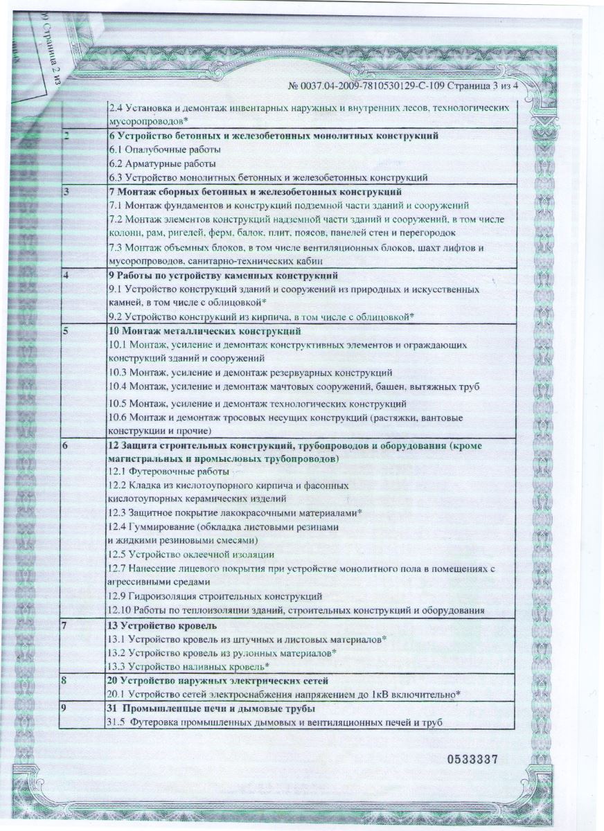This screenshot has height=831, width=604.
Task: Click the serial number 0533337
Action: (472, 759)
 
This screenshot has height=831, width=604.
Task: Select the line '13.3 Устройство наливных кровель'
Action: (188, 666)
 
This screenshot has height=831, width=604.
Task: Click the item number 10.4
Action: (118, 386)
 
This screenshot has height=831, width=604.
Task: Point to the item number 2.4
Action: (116, 108)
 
